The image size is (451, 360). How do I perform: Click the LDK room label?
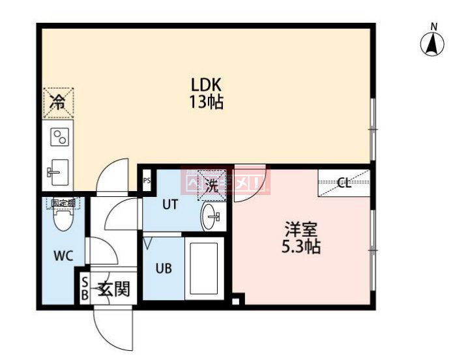tap(207, 85)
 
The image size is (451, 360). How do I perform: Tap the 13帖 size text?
tap(207, 102)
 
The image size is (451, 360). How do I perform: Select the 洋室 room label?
tap(301, 230)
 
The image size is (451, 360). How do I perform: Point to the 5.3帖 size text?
tap(301, 247)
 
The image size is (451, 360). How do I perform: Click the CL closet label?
tap(344, 183)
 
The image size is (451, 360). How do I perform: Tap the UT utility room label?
tap(169, 204)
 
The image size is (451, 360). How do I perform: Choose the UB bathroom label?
tap(164, 267)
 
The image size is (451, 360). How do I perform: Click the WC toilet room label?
tap(62, 255)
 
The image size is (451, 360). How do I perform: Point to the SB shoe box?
tap(84, 288)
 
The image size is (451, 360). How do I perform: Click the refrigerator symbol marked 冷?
tap(58, 102)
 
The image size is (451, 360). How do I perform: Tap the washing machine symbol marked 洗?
tap(211, 185)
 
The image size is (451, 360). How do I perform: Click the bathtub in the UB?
tap(204, 269)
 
